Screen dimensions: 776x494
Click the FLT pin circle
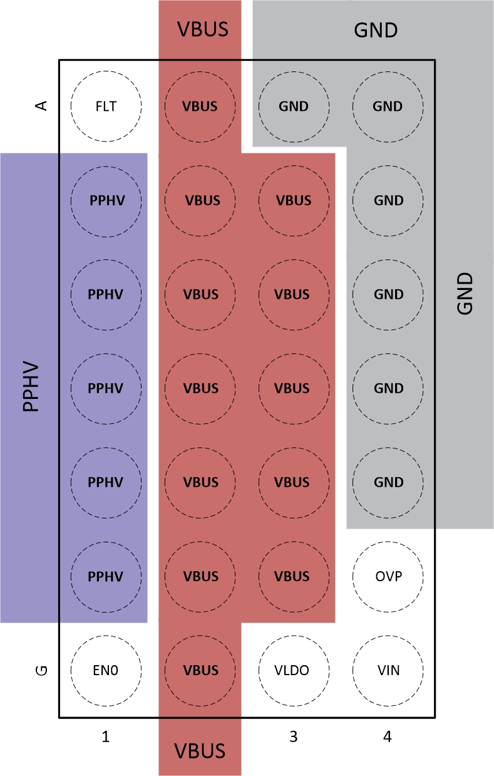click(106, 106)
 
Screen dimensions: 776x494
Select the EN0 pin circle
click(106, 670)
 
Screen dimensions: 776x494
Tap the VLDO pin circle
click(294, 670)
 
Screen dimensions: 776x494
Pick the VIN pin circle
click(388, 670)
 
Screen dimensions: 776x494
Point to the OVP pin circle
click(388, 576)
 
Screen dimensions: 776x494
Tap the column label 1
click(106, 738)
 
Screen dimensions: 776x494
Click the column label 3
click(294, 738)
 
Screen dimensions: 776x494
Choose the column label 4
click(388, 738)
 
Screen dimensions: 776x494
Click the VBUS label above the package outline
click(200, 29)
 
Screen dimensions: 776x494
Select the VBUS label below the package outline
click(200, 750)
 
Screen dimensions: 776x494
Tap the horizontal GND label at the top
click(376, 29)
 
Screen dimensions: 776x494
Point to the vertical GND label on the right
click(465, 294)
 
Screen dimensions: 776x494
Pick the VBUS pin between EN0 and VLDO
click(200, 670)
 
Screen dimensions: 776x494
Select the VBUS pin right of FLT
click(200, 106)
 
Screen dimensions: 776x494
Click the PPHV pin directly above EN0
click(106, 576)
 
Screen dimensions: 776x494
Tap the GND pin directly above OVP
click(388, 482)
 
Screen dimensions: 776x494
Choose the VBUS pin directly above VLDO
click(294, 576)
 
